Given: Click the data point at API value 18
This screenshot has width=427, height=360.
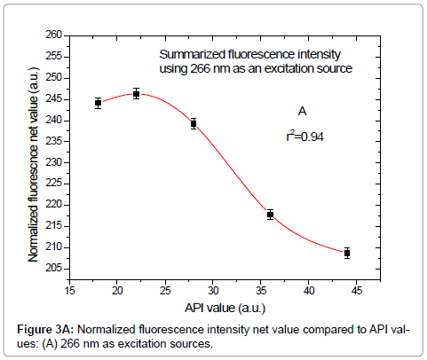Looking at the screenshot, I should [98, 103].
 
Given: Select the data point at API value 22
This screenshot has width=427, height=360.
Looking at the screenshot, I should [137, 93].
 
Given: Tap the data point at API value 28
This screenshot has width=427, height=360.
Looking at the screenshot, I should [193, 123].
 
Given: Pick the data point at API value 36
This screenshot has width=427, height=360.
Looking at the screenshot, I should [270, 215].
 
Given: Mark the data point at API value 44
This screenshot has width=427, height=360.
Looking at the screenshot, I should [347, 253].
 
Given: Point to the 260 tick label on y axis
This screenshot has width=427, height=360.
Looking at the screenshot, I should [54, 35].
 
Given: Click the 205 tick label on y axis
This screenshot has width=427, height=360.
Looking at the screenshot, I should [54, 268].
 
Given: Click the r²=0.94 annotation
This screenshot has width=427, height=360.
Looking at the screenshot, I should [304, 137].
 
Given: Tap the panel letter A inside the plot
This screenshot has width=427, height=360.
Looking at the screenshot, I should [302, 112].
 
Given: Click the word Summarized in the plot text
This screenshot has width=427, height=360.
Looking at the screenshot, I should [186, 54].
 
